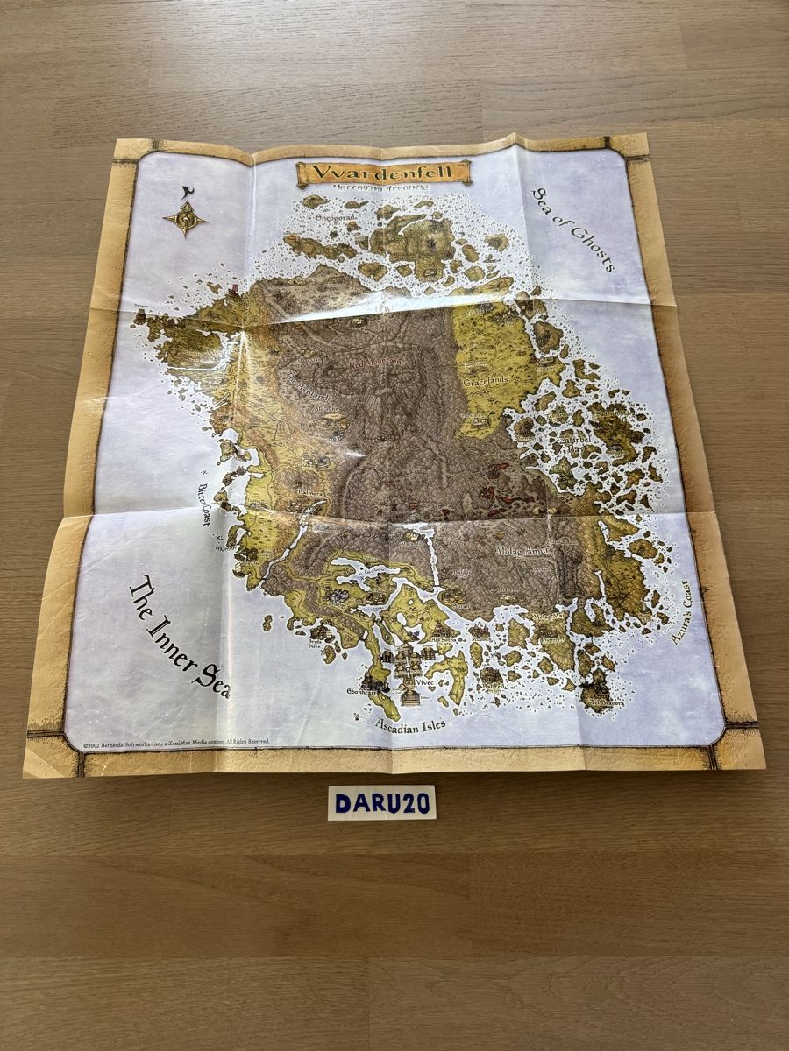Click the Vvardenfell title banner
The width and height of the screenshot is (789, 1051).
[384, 173]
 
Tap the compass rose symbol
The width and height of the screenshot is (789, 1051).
[185, 218]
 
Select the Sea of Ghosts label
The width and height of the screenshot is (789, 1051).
[573, 229]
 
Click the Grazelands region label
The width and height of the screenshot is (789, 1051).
[487, 383]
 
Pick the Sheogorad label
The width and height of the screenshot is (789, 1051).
[327, 214]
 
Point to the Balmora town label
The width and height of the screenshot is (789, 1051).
[311, 492]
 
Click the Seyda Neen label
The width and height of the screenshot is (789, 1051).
[316, 642]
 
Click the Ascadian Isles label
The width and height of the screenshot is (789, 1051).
[409, 724]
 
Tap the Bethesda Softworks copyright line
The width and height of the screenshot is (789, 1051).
[175, 743]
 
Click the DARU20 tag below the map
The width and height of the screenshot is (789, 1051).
[381, 802]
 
